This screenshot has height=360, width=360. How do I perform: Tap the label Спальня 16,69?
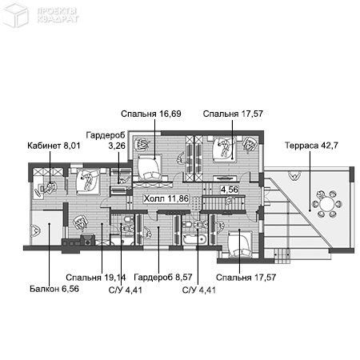point(151,114)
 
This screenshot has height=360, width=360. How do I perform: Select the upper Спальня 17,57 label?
point(233,114)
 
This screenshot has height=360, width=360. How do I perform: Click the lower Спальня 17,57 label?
point(246,278)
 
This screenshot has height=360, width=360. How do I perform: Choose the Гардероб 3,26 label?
point(105,141)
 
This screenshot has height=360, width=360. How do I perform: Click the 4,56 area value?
point(230,190)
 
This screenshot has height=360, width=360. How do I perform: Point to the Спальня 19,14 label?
point(102,278)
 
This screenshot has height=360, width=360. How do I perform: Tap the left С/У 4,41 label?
point(120,289)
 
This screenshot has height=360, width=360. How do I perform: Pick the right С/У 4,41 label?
point(198,289)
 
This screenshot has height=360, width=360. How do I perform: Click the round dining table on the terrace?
point(328,202)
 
